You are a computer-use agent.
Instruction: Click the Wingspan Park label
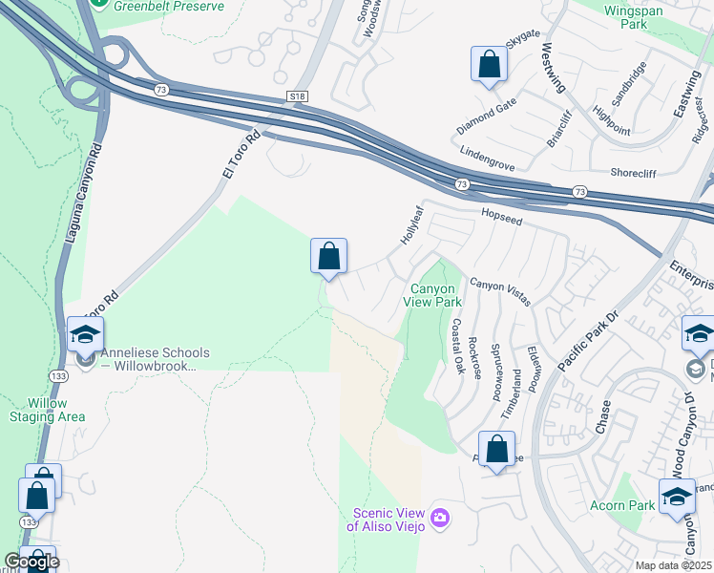point(639,16)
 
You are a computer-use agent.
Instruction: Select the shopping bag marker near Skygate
point(489,65)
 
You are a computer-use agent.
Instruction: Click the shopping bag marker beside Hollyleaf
point(328,257)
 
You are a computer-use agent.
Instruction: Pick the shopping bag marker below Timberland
point(496,450)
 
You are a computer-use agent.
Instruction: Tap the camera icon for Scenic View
point(439,518)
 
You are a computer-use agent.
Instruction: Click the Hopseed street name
point(502,219)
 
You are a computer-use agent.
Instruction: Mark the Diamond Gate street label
point(486,116)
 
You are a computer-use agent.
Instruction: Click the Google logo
point(31,562)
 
